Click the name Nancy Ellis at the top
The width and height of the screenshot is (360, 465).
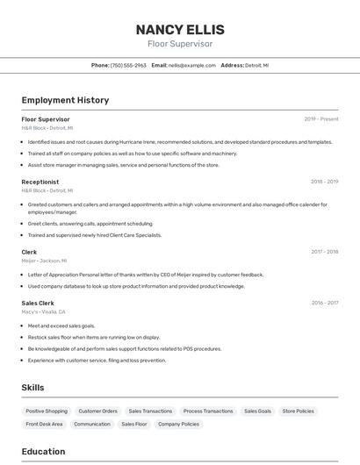pos(179,29)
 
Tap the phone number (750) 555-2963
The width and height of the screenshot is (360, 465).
pos(128,65)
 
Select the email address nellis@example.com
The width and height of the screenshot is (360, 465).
pos(191,65)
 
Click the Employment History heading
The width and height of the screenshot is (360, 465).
pos(65,100)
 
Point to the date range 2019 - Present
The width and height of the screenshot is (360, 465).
pos(320,119)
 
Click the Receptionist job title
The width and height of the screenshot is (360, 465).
pos(40,182)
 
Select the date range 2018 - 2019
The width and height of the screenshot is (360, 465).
pos(324,182)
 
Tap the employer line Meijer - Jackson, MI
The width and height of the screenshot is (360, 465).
pos(41,261)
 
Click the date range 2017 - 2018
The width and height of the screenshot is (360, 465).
pos(324,252)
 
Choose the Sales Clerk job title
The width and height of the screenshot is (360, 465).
pos(38,303)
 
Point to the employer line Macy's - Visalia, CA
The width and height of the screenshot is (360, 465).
pos(43,311)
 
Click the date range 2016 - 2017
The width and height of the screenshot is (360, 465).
pos(324,303)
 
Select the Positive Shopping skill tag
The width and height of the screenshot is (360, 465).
pos(47,411)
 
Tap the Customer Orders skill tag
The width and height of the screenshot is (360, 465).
pos(97,411)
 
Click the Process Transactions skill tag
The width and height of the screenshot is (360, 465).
pos(208,411)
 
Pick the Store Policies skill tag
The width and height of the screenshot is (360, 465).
pos(299,411)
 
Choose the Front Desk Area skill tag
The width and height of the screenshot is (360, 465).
pos(44,424)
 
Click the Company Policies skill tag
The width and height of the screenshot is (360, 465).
pos(178,424)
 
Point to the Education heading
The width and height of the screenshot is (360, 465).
pos(43,452)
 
